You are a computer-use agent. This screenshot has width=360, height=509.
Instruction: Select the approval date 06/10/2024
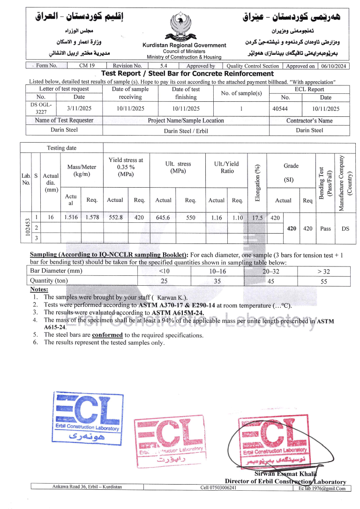pyautogui.click(x=334, y=66)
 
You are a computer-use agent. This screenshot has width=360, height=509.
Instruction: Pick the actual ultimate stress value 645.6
pyautogui.click(x=163, y=217)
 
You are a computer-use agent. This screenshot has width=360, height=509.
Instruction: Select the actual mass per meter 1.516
pyautogui.click(x=71, y=217)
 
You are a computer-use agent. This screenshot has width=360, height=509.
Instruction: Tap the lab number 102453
pyautogui.click(x=25, y=228)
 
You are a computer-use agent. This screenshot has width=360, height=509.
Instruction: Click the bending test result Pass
pyautogui.click(x=325, y=228)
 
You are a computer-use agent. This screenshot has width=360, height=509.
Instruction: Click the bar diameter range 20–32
pyautogui.click(x=271, y=271)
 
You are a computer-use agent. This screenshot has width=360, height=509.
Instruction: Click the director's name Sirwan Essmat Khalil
pyautogui.click(x=279, y=474)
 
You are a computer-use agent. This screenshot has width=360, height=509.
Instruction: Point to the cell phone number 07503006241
pyautogui.click(x=218, y=487)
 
